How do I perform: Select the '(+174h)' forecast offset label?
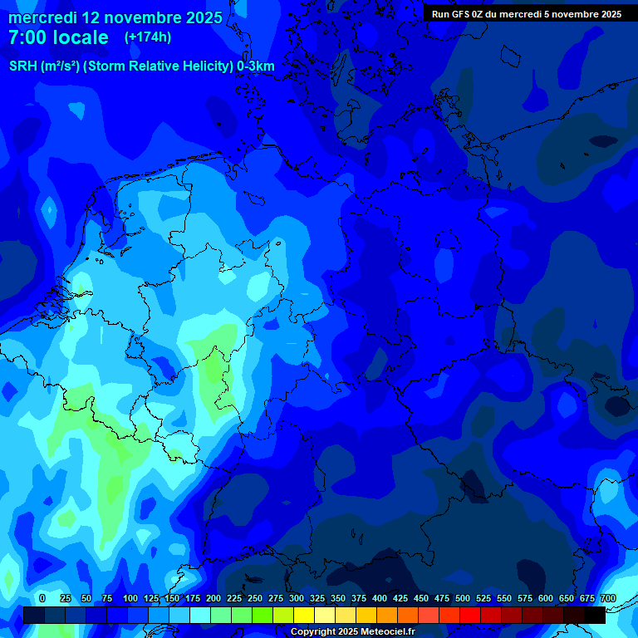[x=148, y=37]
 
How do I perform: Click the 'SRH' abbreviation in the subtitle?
[x=23, y=66]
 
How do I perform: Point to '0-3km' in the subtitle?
[x=256, y=66]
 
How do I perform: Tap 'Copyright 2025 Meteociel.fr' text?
[x=352, y=631]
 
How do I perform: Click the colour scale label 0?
[x=42, y=598]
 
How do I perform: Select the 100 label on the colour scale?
[x=130, y=598]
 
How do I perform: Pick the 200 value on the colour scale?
[x=213, y=598]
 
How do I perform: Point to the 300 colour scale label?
[x=297, y=598]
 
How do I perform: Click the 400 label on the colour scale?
[x=380, y=598]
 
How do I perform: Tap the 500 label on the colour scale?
[x=463, y=598]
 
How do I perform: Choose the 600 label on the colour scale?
[x=546, y=598]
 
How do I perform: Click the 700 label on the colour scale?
[x=608, y=598]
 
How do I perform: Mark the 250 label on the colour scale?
[x=255, y=598]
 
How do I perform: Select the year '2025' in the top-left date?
[x=199, y=17]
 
